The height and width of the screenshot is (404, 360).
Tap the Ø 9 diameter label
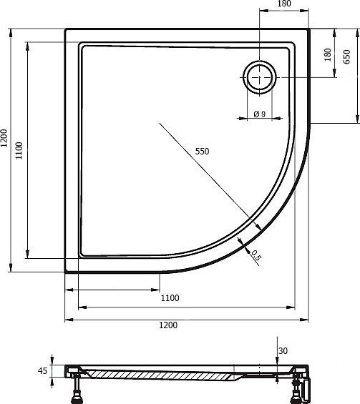point(259,114)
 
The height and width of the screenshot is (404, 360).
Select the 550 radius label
point(202,152)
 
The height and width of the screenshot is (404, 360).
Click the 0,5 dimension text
point(256,255)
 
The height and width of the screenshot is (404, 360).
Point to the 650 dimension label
point(347,56)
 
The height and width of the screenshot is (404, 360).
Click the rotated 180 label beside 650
point(328,54)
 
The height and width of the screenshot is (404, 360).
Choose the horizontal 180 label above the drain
point(284,4)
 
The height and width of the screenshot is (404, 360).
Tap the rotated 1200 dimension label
point(4,138)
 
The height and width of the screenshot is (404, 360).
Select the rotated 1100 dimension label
point(19,150)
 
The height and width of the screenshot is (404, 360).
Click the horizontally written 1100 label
point(170,298)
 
